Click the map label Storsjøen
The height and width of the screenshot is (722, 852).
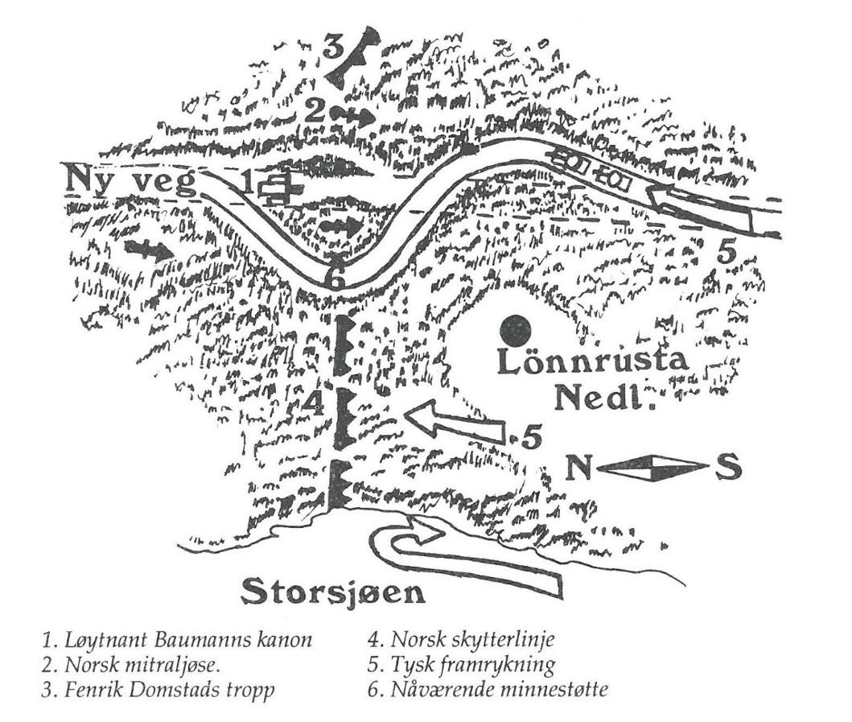pyautogui.click(x=332, y=594)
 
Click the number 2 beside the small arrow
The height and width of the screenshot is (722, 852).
pyautogui.click(x=315, y=111)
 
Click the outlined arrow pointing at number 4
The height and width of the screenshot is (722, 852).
pyautogui.click(x=455, y=421)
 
